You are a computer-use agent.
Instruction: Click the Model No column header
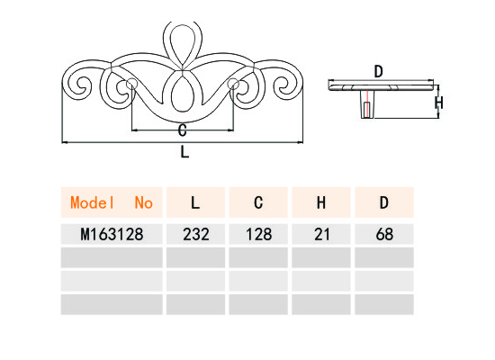(112, 202)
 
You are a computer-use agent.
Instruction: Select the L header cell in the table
(195, 202)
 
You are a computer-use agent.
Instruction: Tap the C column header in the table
(258, 202)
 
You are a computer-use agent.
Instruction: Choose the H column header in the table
(321, 202)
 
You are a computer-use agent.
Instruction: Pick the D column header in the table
(384, 202)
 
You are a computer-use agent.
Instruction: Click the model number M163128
(112, 234)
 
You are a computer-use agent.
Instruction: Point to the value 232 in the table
(195, 234)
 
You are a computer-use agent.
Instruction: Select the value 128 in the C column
(258, 234)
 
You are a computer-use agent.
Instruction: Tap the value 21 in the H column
(321, 234)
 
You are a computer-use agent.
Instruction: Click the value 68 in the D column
(384, 234)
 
